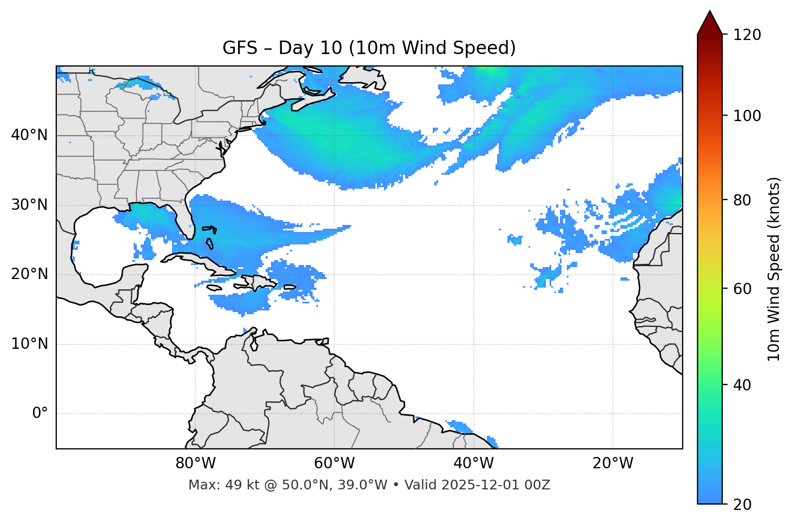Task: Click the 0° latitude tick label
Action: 40,414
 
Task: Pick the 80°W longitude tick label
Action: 195,463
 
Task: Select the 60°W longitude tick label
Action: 334,463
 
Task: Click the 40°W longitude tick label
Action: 474,463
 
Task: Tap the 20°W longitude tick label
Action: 613,463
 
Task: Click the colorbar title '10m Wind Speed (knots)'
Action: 774,269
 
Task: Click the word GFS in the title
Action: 236,48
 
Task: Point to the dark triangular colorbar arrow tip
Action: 710,22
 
